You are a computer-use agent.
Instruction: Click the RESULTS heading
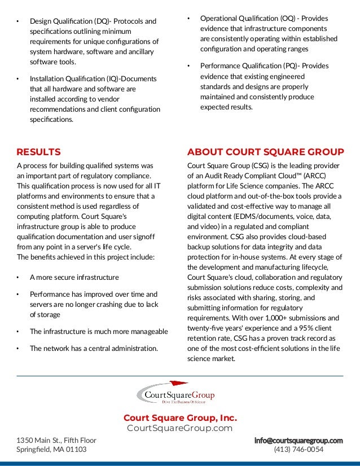click(x=38, y=152)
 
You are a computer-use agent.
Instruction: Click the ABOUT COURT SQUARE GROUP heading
click(x=265, y=152)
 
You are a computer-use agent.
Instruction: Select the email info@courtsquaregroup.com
click(x=298, y=440)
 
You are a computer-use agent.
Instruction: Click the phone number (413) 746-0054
click(x=298, y=450)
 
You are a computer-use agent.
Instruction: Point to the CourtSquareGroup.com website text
click(x=180, y=428)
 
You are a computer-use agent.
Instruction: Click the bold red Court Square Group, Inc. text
click(x=180, y=418)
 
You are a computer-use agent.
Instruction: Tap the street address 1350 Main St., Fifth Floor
click(x=56, y=440)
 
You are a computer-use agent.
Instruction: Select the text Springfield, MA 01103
click(x=51, y=450)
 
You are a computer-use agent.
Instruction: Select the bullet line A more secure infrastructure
click(x=74, y=278)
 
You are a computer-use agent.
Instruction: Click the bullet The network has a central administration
click(x=94, y=348)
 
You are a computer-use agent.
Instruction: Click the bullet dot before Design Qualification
click(x=17, y=22)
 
